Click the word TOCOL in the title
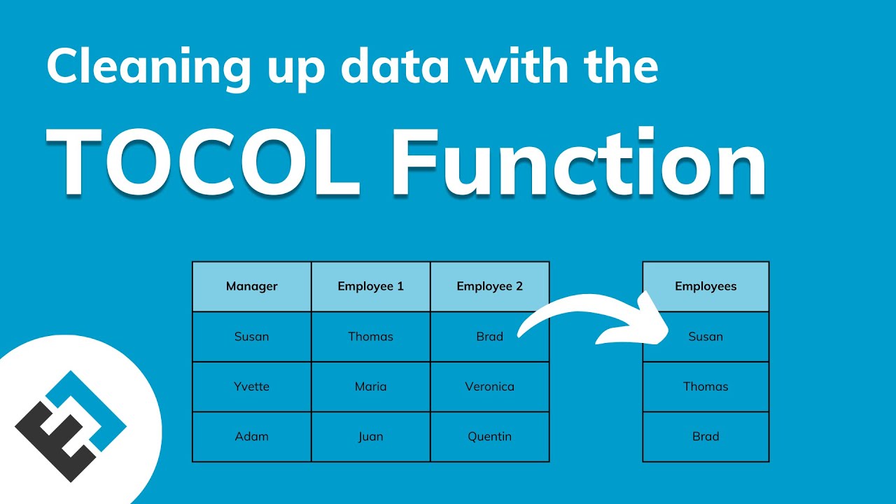[x=203, y=162]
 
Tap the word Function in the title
[x=579, y=162]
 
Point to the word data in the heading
[x=395, y=65]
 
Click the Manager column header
[x=251, y=286]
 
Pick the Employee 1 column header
[x=371, y=286]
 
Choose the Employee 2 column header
[x=490, y=286]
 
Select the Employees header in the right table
[x=706, y=286]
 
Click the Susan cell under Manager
[x=251, y=337]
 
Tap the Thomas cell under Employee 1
[x=371, y=337]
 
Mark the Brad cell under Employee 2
[x=490, y=337]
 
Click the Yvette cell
[x=251, y=386]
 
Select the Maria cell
[x=371, y=386]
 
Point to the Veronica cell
[x=490, y=386]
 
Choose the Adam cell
[x=251, y=436]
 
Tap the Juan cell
[x=371, y=436]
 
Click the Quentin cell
[x=490, y=436]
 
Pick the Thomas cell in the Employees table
[x=706, y=386]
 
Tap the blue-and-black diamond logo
[x=71, y=426]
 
